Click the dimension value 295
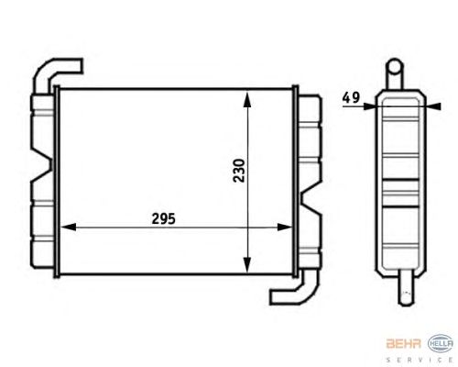164,219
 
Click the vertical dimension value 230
239,171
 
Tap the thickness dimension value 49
351,97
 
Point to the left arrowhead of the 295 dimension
69,228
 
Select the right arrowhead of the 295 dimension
285,228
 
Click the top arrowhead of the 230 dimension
247,99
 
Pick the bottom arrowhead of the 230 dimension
247,264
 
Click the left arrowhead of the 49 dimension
369,106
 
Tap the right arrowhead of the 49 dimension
433,106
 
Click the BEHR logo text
404,344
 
